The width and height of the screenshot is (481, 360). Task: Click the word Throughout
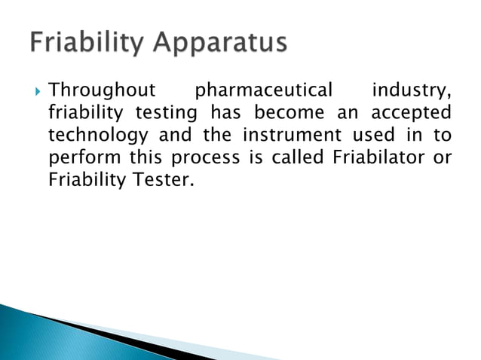tap(101, 92)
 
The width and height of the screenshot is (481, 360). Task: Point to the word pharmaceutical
tap(263, 92)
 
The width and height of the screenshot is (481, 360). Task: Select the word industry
tap(411, 92)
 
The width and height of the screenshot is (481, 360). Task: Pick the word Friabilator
tap(375, 160)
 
